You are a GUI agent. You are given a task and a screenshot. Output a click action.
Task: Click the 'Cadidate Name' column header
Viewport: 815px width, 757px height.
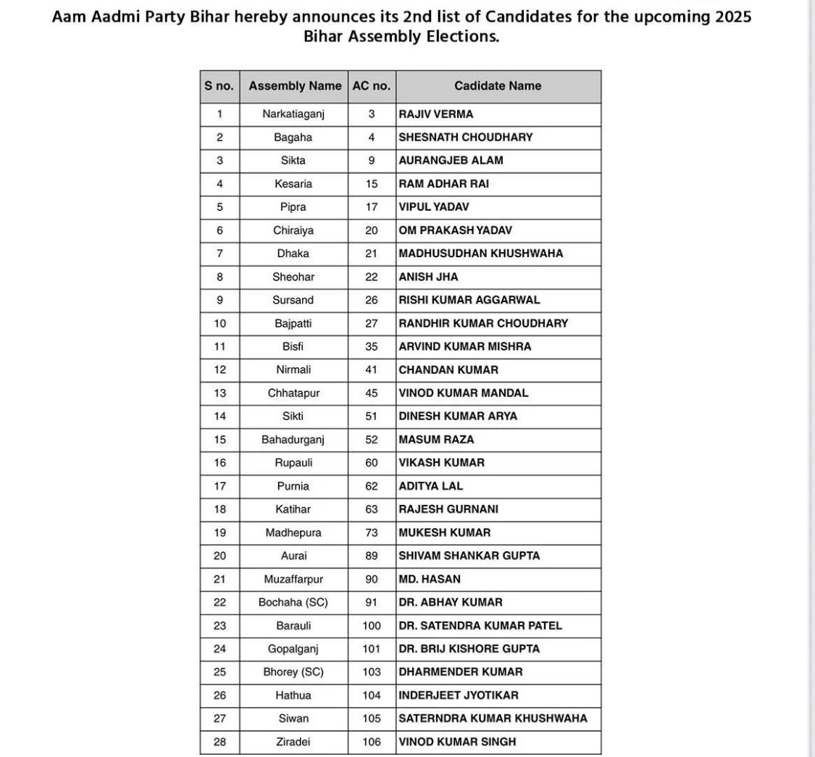[x=498, y=86]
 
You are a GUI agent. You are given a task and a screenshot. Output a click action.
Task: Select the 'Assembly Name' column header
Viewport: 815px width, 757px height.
[x=295, y=86]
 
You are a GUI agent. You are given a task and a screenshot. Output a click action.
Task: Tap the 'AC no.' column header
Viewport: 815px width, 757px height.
[x=372, y=86]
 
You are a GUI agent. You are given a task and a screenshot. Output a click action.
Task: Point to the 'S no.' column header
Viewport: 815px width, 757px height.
[x=220, y=86]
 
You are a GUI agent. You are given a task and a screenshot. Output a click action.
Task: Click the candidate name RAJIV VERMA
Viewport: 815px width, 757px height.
[x=436, y=114]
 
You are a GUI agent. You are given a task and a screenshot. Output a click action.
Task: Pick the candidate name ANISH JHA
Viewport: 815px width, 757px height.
[x=429, y=277]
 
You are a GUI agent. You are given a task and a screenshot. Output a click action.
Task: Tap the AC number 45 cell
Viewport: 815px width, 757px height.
[x=372, y=393]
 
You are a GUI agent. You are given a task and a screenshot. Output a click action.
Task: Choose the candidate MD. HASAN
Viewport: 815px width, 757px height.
[x=430, y=580]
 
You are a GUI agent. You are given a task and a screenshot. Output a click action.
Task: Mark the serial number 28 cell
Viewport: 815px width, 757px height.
[x=220, y=742]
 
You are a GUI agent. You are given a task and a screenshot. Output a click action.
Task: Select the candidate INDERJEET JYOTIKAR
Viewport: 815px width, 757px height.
[x=459, y=695]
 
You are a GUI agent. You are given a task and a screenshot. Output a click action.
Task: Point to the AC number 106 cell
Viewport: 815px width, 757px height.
[x=372, y=742]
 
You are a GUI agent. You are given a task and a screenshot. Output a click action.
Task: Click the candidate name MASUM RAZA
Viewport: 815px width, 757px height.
[x=437, y=440]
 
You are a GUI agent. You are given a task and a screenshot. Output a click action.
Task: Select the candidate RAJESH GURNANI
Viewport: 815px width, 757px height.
[x=448, y=509]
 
